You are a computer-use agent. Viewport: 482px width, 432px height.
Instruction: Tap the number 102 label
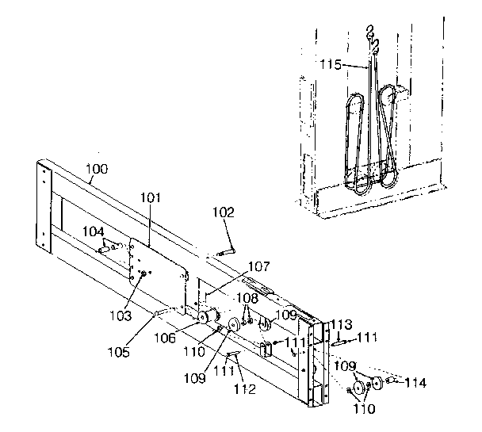click(224, 212)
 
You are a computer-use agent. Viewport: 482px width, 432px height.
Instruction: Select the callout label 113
click(341, 323)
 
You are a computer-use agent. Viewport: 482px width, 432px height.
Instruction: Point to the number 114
click(415, 383)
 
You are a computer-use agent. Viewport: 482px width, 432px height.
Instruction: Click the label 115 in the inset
click(331, 63)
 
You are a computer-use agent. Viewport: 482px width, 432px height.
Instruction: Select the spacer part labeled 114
click(391, 383)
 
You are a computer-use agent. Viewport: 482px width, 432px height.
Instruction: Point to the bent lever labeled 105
click(163, 312)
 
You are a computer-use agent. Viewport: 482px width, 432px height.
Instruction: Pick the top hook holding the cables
click(369, 33)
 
